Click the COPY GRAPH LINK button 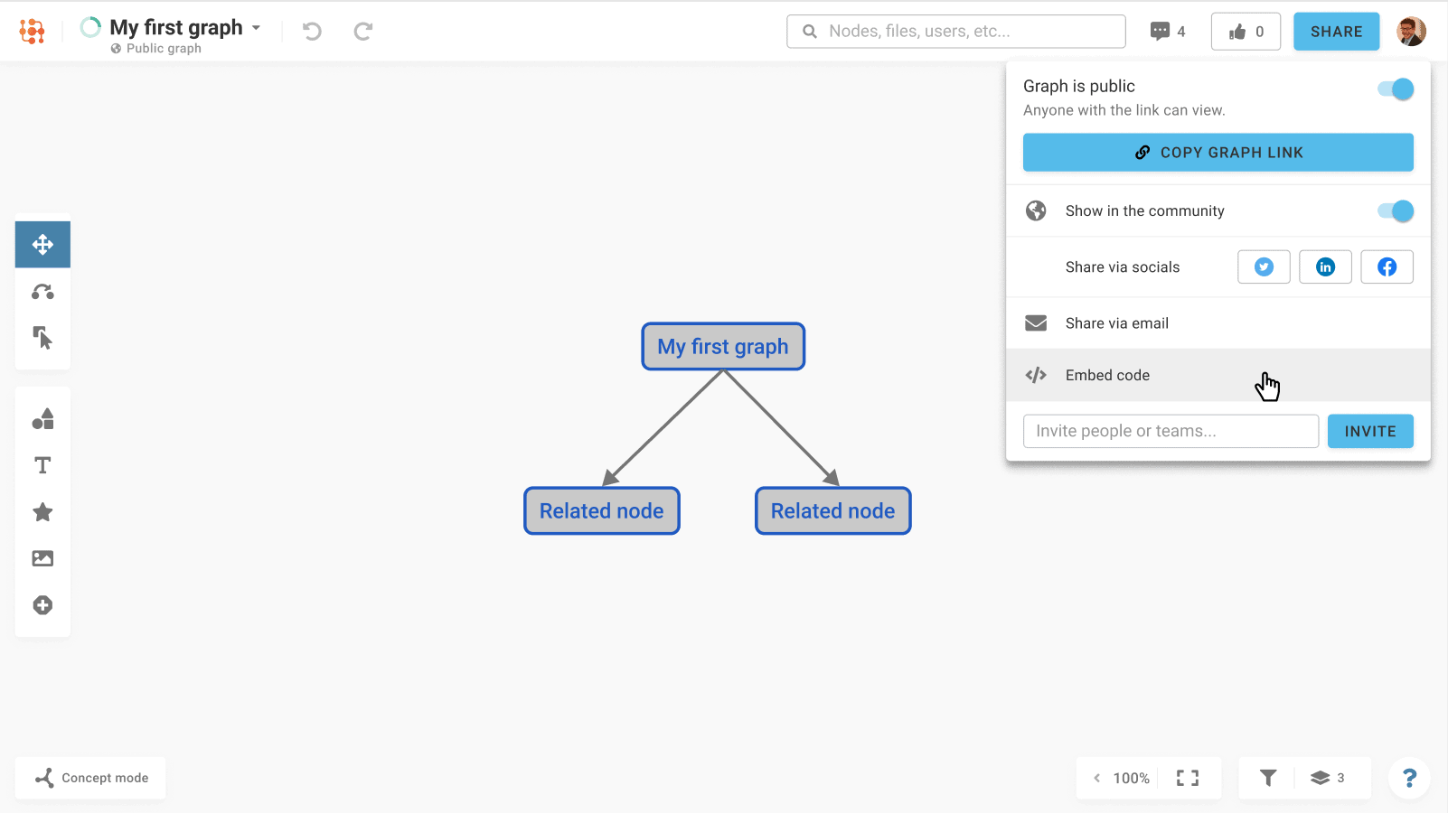(x=1218, y=153)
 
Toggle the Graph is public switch (x=1395, y=89)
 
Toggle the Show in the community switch (x=1395, y=210)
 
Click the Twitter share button (x=1264, y=266)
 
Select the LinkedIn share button (x=1325, y=266)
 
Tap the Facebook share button (x=1387, y=266)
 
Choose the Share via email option (x=1116, y=323)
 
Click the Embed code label (x=1107, y=376)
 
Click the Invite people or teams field (x=1171, y=431)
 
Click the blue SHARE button (x=1336, y=31)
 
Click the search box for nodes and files (x=956, y=31)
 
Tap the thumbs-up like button (x=1246, y=31)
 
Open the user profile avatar (x=1411, y=31)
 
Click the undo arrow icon (x=312, y=31)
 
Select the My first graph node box (x=723, y=346)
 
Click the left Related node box (x=601, y=510)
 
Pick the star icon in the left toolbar (x=42, y=512)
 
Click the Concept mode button (x=90, y=778)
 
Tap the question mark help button (x=1409, y=778)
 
